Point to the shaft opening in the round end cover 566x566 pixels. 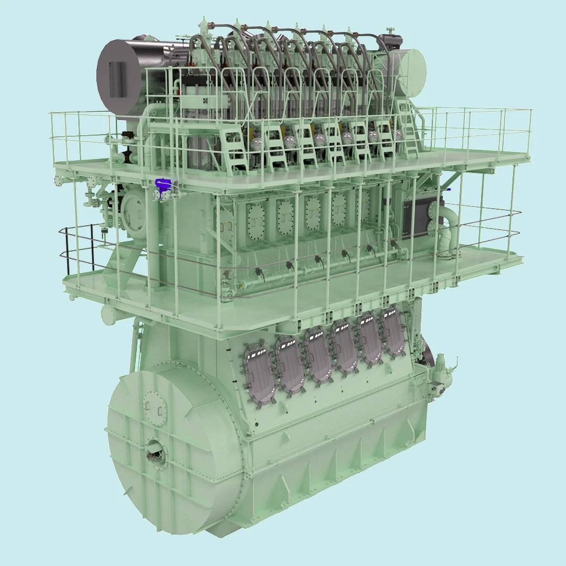point(155,448)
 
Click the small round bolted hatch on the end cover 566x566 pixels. point(155,406)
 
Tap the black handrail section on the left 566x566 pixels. point(79,246)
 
